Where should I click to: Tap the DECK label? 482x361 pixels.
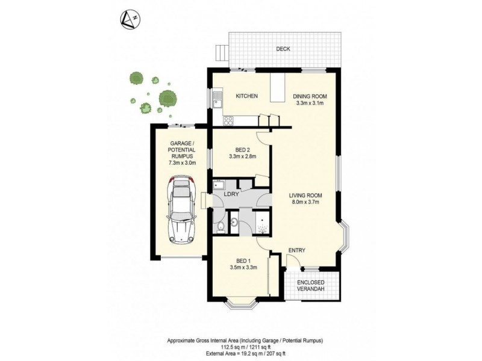(283, 49)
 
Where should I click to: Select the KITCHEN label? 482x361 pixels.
(246, 96)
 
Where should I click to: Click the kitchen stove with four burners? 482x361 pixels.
(228, 121)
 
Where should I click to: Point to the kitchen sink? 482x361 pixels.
(218, 100)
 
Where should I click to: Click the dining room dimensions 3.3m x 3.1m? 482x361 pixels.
(310, 103)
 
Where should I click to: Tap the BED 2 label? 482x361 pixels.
(243, 150)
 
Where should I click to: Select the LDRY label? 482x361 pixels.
(232, 194)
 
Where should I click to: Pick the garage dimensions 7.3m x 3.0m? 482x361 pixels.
(183, 163)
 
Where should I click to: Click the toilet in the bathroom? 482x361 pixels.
(221, 227)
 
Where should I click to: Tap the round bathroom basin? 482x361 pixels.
(234, 221)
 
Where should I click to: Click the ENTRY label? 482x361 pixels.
(297, 250)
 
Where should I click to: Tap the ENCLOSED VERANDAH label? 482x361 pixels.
(311, 285)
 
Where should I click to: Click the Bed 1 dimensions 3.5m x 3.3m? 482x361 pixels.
(243, 267)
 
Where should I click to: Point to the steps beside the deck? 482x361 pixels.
(222, 54)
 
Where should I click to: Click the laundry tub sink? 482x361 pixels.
(219, 185)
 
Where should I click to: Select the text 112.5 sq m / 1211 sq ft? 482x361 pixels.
(245, 348)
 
